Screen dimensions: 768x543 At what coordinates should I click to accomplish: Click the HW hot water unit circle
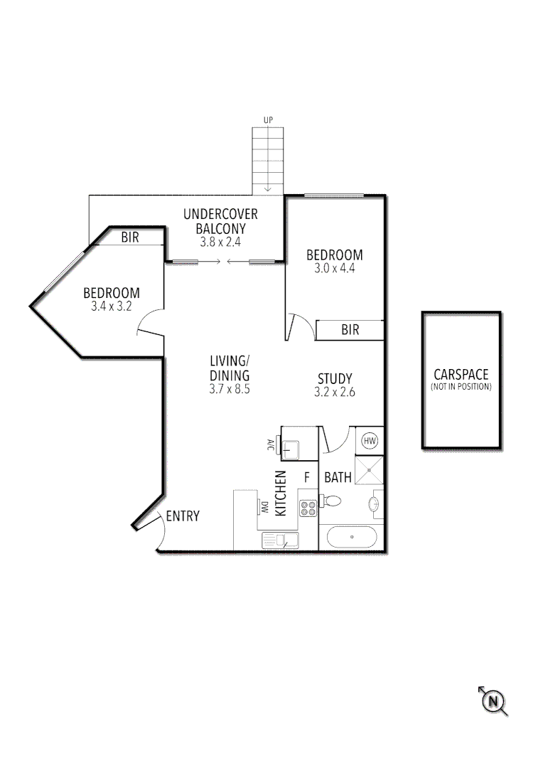coord(370,441)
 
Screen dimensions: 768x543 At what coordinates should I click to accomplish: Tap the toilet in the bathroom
coord(331,501)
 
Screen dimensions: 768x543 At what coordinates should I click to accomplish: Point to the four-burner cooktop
coord(308,508)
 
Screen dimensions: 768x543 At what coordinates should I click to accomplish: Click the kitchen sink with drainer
coord(281,540)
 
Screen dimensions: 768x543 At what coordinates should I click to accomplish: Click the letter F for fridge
coord(308,477)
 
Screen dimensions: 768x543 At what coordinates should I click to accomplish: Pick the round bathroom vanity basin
coord(375,506)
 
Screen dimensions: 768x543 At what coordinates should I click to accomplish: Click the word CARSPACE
coord(461,375)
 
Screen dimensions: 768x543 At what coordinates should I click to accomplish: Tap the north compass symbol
coord(493,702)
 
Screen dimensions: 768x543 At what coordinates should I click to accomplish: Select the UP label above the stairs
coord(268,120)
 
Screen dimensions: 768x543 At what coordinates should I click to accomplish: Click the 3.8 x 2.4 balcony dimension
coord(220,242)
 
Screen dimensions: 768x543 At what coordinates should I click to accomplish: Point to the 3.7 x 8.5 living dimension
coord(229,389)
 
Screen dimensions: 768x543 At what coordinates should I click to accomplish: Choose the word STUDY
coord(335,378)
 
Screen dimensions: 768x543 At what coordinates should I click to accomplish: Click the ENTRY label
coord(183,516)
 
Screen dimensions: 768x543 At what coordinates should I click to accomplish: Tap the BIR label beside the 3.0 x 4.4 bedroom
coord(350,330)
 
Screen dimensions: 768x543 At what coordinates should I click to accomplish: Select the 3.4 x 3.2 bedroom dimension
coord(112,306)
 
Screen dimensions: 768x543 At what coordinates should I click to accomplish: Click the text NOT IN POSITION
coord(461,388)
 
